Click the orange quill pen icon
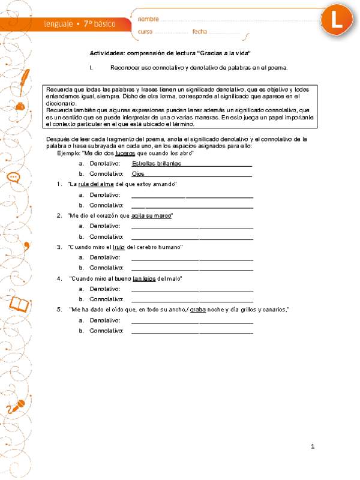(x=25, y=76)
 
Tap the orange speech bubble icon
(x=13, y=177)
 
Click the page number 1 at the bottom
(x=313, y=446)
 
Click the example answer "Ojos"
(x=138, y=173)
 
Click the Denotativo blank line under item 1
(x=192, y=195)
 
